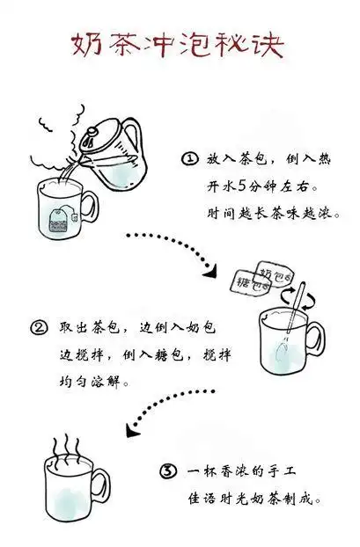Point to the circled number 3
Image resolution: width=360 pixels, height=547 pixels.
click(169, 472)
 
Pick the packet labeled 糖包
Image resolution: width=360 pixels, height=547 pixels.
click(246, 283)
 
